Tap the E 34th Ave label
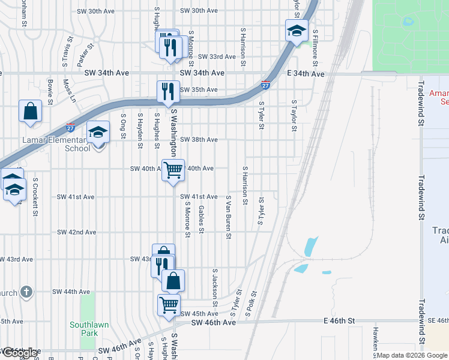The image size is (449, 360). click(x=306, y=73)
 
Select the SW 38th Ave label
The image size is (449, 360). click(x=199, y=140)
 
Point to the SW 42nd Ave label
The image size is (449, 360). click(x=76, y=232)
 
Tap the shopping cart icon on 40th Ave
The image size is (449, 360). click(x=173, y=169)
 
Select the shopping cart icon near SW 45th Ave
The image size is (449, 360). click(x=169, y=305)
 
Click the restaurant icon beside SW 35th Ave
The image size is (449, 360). click(x=166, y=91)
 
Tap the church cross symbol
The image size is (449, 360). click(x=25, y=292)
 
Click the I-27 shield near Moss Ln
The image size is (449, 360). click(x=70, y=127)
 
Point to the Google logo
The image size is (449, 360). click(x=20, y=353)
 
